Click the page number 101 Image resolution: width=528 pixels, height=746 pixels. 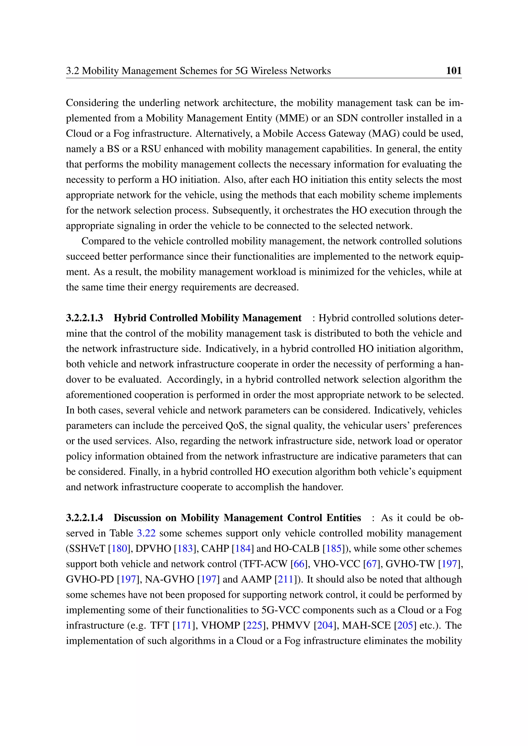click(x=453, y=71)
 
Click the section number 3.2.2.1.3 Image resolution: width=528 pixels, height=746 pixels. click(x=85, y=318)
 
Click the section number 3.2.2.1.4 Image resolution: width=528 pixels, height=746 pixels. click(x=85, y=518)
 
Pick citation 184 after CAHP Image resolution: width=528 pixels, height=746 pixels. click(x=243, y=548)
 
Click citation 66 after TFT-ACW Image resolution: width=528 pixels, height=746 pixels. click(x=299, y=564)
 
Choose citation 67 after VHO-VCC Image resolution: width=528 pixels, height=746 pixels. click(x=371, y=564)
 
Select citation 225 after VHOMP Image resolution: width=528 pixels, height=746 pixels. click(x=254, y=625)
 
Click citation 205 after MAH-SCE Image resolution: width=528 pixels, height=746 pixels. click(x=405, y=625)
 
